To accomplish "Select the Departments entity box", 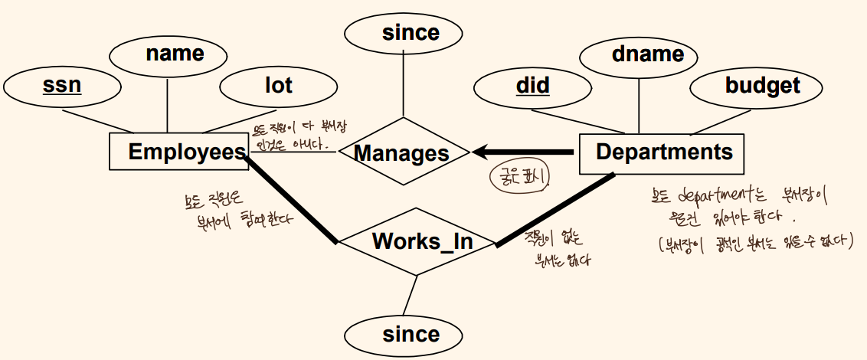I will (x=663, y=152).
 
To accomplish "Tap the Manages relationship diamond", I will (x=401, y=153).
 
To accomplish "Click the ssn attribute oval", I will (x=61, y=85).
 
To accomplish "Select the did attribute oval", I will (x=532, y=85).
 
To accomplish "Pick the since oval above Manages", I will (x=404, y=33).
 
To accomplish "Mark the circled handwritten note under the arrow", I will (x=522, y=176).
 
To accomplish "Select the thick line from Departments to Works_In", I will (x=555, y=210).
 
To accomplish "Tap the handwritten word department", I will (x=716, y=195).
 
